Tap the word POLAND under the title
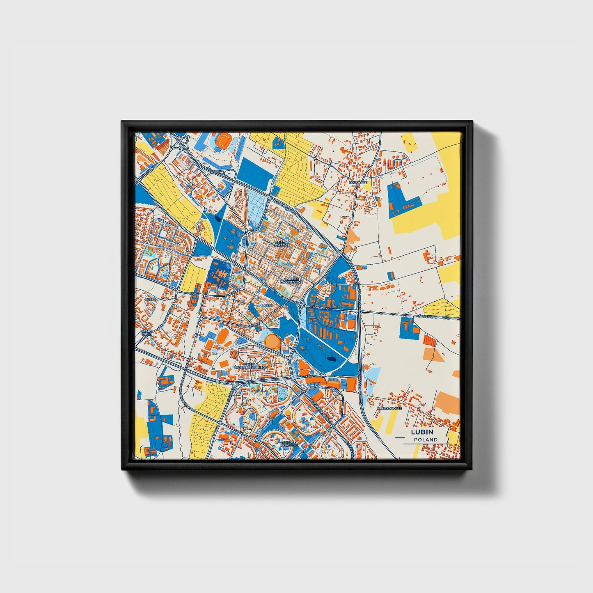tap(426, 440)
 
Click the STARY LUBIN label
tap(147, 332)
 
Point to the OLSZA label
tap(150, 299)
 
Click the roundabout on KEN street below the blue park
tap(323, 375)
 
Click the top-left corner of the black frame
tap(123, 122)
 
